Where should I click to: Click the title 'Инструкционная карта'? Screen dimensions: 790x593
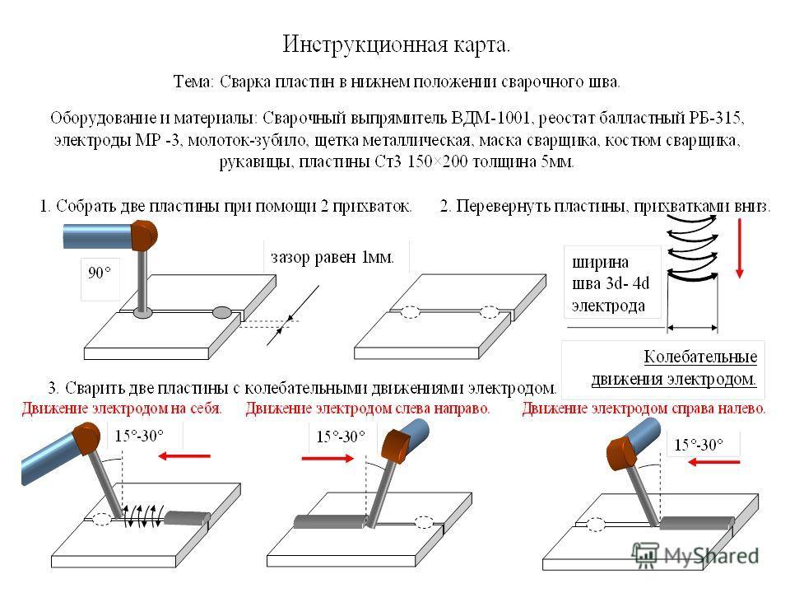click(397, 45)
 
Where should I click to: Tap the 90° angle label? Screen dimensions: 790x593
click(100, 273)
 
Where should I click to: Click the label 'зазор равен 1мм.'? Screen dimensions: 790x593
click(332, 257)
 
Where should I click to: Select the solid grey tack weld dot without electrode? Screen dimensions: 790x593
click(221, 313)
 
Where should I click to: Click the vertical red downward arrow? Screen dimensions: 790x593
click(739, 248)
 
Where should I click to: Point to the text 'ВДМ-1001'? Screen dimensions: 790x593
click(490, 118)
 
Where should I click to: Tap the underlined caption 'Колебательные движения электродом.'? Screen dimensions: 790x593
click(674, 367)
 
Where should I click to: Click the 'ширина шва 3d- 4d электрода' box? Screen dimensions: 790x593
click(611, 283)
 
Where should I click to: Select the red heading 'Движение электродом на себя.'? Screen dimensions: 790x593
click(122, 408)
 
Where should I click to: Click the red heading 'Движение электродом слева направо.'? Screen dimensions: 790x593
click(368, 408)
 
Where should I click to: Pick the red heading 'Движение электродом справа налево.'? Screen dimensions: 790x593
click(644, 408)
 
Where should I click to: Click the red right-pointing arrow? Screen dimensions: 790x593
click(328, 458)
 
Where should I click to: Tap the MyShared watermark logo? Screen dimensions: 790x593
click(695, 554)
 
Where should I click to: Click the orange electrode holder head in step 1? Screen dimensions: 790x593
click(144, 235)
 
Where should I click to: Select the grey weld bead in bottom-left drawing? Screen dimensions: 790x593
click(187, 518)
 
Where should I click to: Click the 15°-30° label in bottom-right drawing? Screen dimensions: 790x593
click(699, 445)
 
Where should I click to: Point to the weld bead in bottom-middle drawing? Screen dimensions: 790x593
click(329, 521)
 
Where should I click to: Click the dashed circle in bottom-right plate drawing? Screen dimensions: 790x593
click(596, 525)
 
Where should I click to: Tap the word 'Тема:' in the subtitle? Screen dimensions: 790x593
click(194, 82)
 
